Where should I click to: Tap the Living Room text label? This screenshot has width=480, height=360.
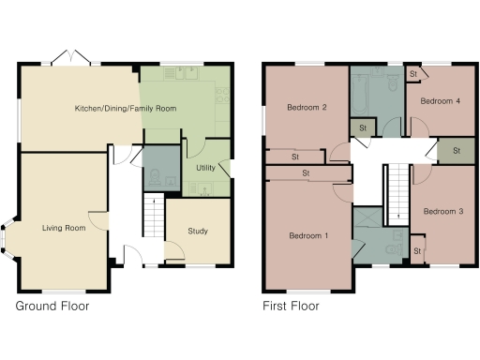(64, 227)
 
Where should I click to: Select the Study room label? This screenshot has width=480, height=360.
(198, 231)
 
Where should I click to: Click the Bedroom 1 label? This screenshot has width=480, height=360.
(307, 234)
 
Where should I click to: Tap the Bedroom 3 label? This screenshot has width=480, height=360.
(442, 212)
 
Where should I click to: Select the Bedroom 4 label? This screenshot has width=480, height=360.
(441, 100)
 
